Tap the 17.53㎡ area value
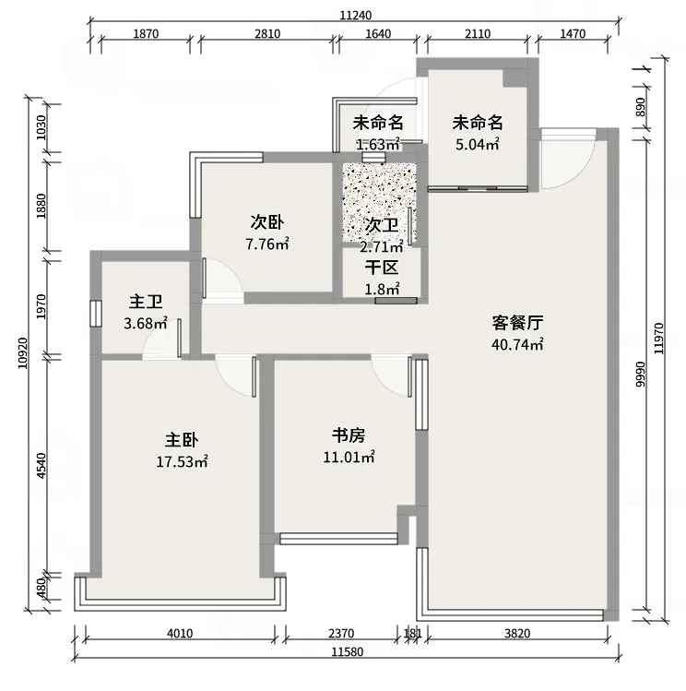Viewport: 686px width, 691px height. coord(183,461)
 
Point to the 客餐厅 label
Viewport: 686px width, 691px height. coord(516,323)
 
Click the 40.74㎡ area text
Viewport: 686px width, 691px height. coord(517,344)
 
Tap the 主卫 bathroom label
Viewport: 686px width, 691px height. coord(146,302)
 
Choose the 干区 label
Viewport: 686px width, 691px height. coord(381,268)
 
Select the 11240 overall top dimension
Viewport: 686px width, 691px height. coord(356,14)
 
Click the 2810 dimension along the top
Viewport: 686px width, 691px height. coord(266,34)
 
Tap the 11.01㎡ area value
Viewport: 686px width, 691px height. coord(355,457)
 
